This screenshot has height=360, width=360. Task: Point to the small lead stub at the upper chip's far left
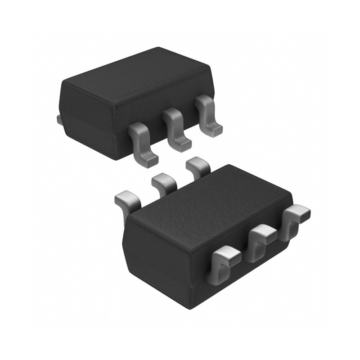point(58,119)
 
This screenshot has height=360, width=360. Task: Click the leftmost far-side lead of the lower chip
point(128,200)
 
